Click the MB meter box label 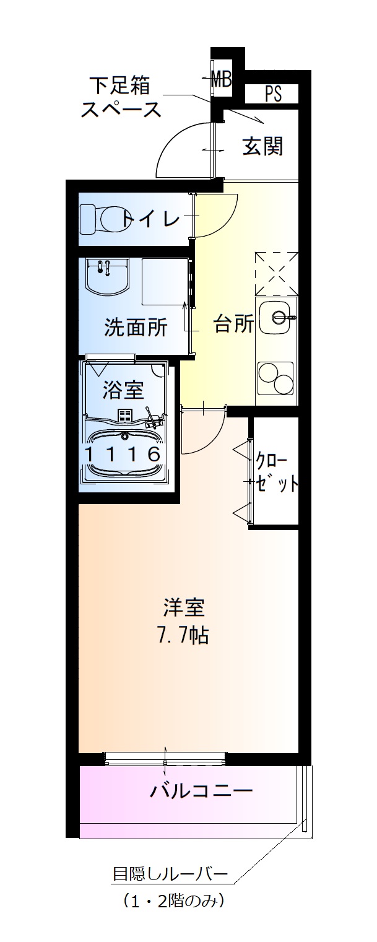click(221, 79)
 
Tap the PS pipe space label click(273, 94)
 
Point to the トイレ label click(151, 219)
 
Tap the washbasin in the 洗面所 click(107, 277)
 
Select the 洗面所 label click(135, 328)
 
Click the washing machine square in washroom click(164, 282)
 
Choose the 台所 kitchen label click(233, 324)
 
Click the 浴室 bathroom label click(123, 390)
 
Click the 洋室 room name click(184, 608)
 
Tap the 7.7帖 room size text click(184, 636)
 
